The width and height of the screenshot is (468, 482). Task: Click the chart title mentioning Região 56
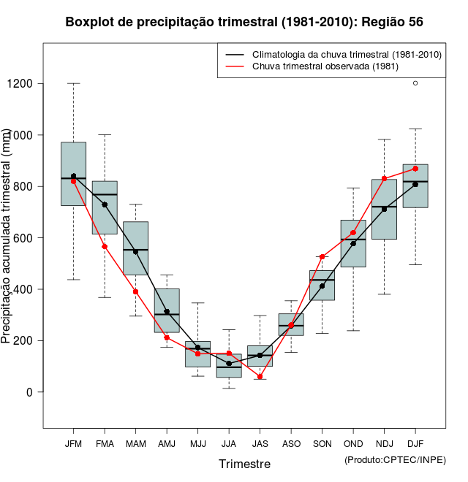244,22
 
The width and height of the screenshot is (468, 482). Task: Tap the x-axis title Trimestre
244,464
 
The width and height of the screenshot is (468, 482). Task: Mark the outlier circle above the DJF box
415,83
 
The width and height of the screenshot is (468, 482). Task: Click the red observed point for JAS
260,377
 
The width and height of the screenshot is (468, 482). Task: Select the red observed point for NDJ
384,179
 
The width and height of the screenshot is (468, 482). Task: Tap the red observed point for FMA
105,247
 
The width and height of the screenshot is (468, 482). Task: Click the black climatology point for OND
353,243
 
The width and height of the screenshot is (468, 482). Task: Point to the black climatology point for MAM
135,252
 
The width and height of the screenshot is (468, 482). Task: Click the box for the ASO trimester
291,324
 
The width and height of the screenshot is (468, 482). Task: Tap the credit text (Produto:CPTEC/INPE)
395,459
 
